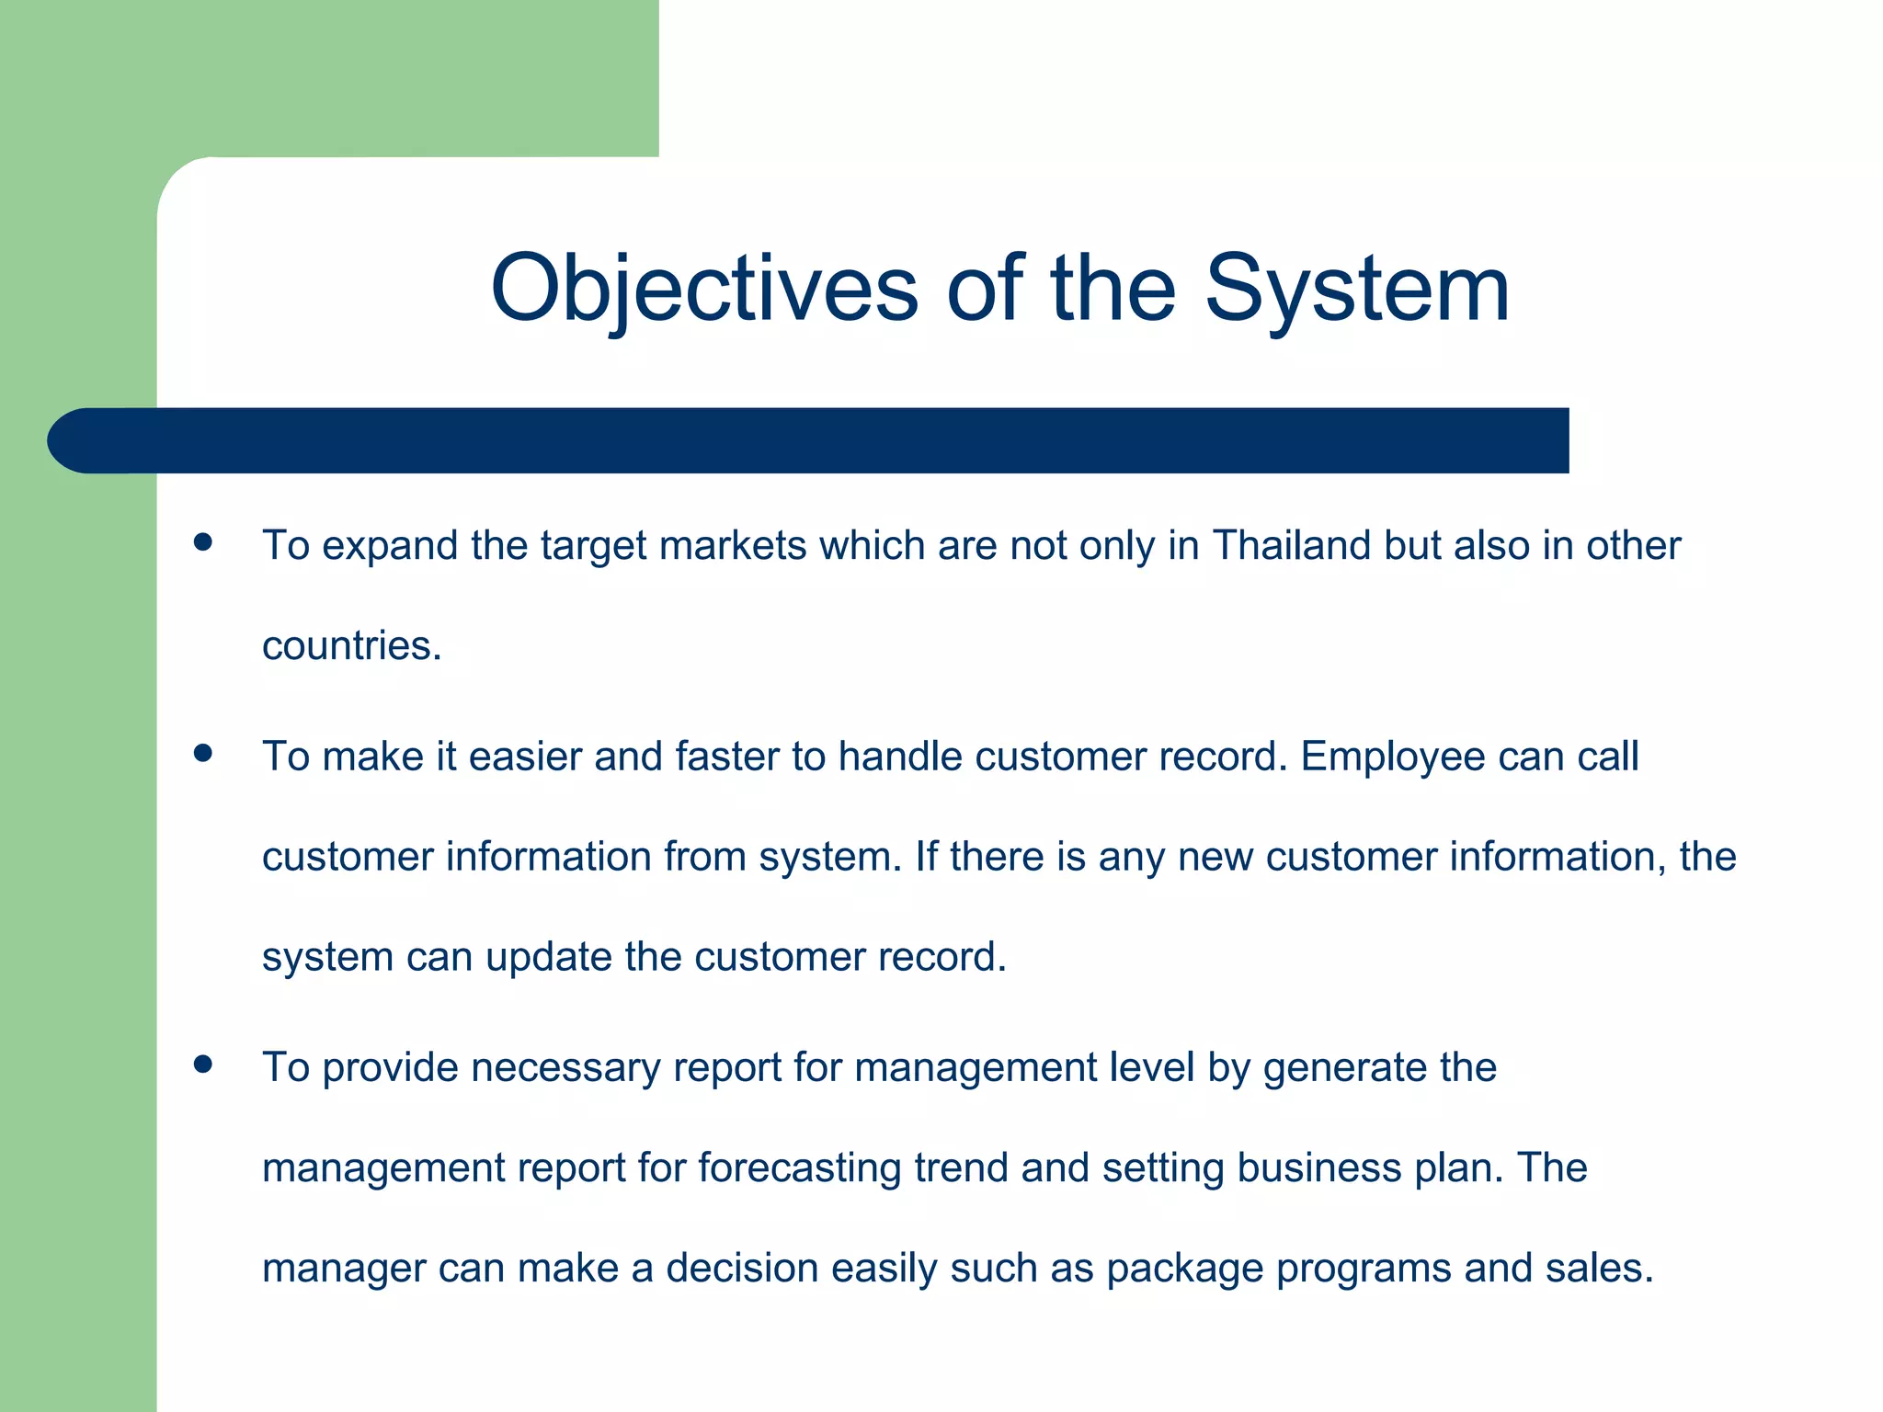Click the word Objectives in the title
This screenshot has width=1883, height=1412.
coord(704,289)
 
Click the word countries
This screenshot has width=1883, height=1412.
coord(351,645)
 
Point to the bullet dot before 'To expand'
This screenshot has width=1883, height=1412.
coord(203,542)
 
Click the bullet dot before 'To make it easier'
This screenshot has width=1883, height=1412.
coord(203,754)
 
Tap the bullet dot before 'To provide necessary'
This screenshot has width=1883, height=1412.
coord(203,1065)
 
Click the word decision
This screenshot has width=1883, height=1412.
coord(742,1269)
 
